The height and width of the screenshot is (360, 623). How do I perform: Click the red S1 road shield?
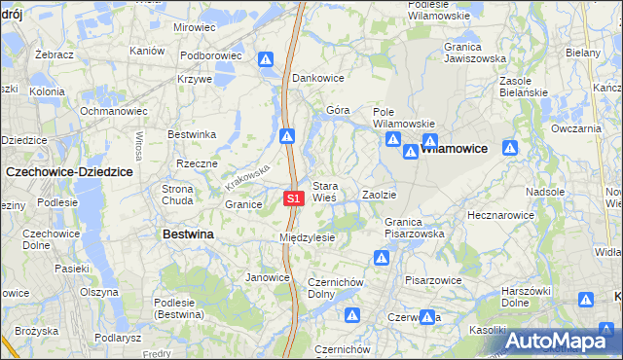295,198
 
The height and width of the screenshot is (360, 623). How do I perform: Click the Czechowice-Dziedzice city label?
68,170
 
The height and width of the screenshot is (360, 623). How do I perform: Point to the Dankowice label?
318,78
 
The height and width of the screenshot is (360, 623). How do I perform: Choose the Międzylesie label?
307,237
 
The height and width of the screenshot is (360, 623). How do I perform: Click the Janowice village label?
268,277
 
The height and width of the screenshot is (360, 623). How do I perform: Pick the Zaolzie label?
379,196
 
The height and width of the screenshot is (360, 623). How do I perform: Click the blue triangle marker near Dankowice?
266,60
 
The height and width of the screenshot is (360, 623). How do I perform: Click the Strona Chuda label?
177,195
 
